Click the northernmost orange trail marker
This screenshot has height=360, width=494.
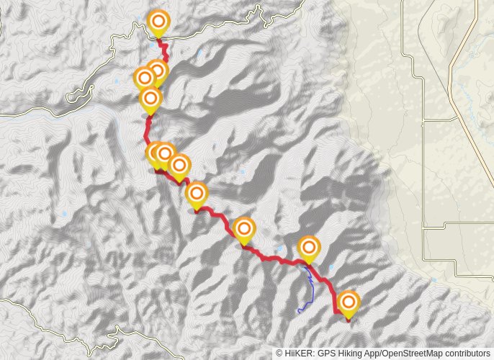(x=158, y=22)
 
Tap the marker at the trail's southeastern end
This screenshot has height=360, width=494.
(x=349, y=302)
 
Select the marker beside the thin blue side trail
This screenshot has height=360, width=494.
(x=309, y=248)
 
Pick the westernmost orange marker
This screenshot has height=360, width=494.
(x=144, y=77)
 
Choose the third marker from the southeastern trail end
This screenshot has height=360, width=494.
(x=244, y=229)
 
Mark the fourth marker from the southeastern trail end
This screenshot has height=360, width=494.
(x=196, y=194)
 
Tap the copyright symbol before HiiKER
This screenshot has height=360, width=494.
(x=279, y=354)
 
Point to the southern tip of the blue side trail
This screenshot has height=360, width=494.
(x=299, y=311)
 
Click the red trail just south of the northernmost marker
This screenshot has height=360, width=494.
(x=164, y=48)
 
